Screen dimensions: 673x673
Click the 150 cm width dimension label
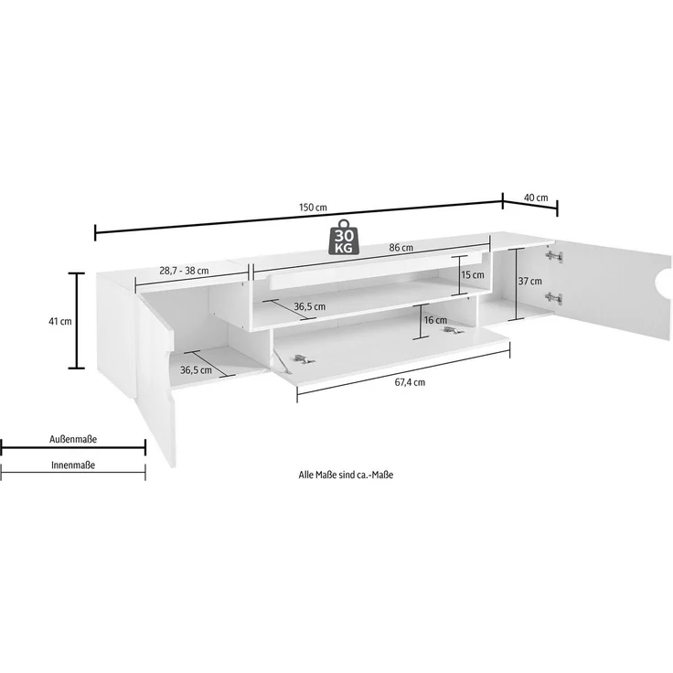coord(313,208)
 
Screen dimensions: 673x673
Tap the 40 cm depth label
coord(536,198)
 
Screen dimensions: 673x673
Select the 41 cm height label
coord(60,321)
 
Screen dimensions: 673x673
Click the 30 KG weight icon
coord(344,237)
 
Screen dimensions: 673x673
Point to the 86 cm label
coord(401,248)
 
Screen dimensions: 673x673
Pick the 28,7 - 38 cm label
coord(184,271)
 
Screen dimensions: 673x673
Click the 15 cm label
coord(473,274)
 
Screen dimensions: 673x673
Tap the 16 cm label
coord(435,320)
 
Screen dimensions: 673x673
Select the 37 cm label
coord(530,281)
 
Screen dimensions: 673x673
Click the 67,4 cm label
coord(410,382)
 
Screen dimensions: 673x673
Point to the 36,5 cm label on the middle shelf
coord(309,306)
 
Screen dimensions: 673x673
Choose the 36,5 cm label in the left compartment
coord(196,370)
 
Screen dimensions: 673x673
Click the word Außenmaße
coord(73,439)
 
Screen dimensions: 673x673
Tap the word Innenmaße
coord(73,465)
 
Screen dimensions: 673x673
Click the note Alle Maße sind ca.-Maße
coord(346,475)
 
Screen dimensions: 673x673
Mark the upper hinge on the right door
coord(554,257)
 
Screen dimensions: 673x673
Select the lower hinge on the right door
coord(554,297)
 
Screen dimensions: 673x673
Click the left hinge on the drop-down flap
coord(304,359)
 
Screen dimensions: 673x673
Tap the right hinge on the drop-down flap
coord(451,329)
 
